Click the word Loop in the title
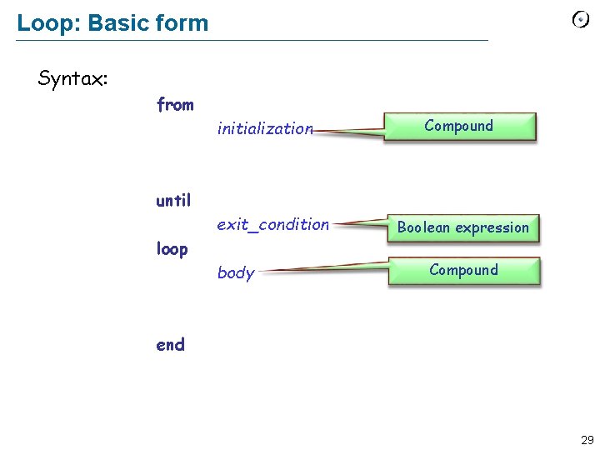40,22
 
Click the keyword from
175,105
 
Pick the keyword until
173,200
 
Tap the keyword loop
172,249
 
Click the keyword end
170,344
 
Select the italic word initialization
264,128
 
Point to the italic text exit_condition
272,224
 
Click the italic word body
235,272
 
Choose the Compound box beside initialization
459,127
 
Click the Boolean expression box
462,227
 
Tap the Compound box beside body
463,270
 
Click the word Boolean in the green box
423,227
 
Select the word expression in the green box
492,227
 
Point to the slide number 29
587,439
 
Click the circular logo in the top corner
580,20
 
